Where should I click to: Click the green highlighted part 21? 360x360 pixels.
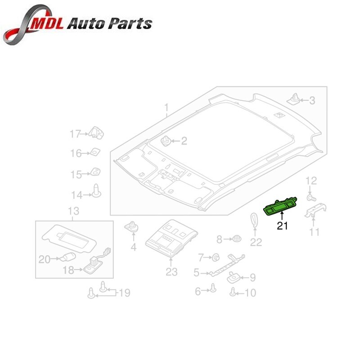pos(280,206)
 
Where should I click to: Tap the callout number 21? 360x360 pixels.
pos(282,226)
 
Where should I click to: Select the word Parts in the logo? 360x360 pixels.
pos(130,24)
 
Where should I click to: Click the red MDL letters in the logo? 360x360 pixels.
pos(48,24)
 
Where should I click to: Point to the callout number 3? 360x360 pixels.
pos(312,100)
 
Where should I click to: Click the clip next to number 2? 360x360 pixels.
pos(165,140)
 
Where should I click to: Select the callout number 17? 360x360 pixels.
pos(75,134)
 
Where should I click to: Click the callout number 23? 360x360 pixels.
pos(171,272)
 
